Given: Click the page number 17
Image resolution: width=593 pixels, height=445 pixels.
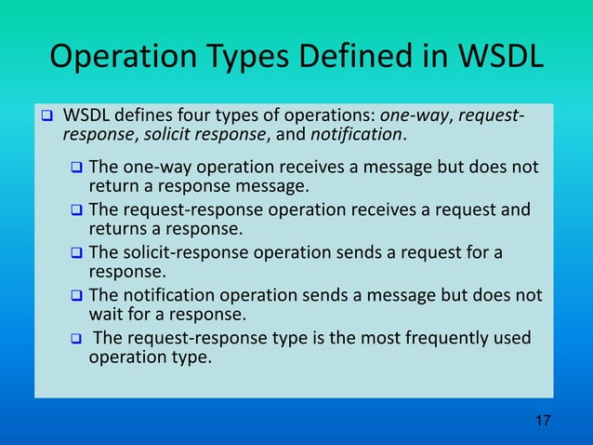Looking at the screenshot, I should point(543,423).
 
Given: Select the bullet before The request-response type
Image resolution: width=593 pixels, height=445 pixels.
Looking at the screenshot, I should point(77,339).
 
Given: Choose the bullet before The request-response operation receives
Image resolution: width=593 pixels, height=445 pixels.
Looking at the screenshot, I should point(77,211).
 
